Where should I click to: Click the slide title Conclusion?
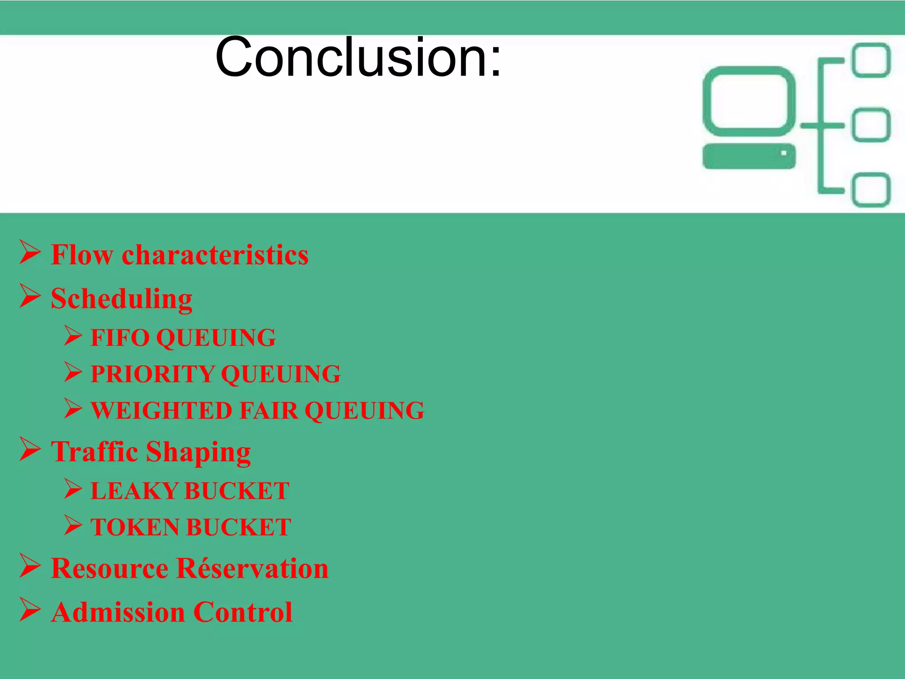pos(358,57)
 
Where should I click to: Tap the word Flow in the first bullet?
pos(82,255)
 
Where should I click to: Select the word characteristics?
pos(215,255)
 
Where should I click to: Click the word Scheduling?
pos(122,299)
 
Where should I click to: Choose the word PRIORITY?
pos(152,374)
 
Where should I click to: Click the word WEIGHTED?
pos(161,411)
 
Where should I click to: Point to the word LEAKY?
pos(134,491)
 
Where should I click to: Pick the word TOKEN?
pos(135,527)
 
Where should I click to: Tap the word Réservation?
pos(252,568)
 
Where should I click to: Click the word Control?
pos(243,613)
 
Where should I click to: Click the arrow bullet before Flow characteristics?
pos(30,252)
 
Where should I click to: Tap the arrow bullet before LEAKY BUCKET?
pos(73,488)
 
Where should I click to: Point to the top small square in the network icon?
pos(871,60)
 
